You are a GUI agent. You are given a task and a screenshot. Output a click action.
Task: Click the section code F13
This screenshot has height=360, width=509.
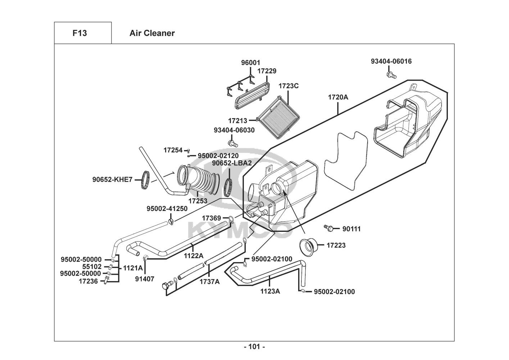coord(79,33)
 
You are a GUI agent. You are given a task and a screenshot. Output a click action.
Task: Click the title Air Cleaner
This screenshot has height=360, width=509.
coord(152,33)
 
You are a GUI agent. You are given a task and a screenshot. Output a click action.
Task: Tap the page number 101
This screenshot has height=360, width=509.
coord(254,347)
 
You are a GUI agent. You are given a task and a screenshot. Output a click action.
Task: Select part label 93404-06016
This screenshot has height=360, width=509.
coord(391,61)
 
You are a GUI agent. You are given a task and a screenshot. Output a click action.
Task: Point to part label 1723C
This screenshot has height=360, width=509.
coord(289,86)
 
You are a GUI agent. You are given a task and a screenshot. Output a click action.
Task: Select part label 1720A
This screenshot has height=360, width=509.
coord(338,97)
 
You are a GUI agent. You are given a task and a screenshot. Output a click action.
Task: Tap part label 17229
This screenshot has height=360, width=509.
coord(267,71)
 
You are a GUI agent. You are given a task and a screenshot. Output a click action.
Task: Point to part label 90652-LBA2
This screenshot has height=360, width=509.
coord(232,163)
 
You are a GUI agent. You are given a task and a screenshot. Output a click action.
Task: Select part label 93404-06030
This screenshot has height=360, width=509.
coord(234,130)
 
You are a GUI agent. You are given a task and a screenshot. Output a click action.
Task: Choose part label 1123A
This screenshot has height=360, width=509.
coord(270,291)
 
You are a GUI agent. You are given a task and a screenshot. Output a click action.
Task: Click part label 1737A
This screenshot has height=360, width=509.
coord(209,282)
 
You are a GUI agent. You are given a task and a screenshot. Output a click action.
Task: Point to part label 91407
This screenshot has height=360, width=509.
coord(145,278)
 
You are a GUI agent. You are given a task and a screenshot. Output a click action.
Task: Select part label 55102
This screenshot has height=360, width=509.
coord(92,267)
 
